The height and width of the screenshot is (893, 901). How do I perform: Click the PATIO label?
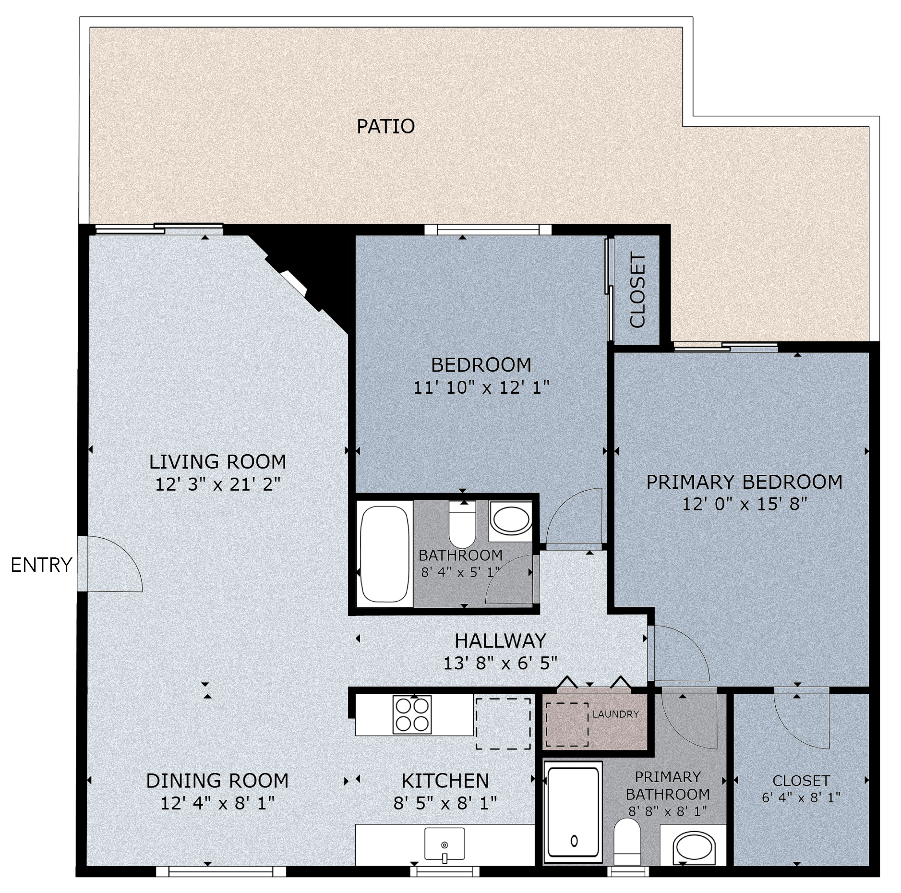pos(385,126)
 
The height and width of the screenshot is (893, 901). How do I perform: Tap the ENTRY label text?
pos(41,565)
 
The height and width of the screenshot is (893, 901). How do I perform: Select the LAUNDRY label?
pos(615,714)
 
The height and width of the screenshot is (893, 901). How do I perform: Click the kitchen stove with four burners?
pos(411,715)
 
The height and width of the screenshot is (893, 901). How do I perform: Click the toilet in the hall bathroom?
pos(462,524)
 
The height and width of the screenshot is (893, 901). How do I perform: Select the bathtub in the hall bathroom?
pos(384,554)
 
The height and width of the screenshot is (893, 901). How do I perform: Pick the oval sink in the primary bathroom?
pos(694,849)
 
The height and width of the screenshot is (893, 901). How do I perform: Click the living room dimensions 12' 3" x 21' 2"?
pos(217,484)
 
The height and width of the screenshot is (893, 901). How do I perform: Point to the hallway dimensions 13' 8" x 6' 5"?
pos(500,663)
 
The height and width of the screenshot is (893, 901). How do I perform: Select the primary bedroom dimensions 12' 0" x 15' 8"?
pos(745,504)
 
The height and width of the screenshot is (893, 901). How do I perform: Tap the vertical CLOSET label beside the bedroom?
pos(637,291)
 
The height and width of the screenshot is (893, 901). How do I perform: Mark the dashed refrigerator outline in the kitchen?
pos(503,724)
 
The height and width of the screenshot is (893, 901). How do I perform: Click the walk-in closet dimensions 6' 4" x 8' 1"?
pos(801,797)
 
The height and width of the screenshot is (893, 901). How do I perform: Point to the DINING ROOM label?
pos(217,781)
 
